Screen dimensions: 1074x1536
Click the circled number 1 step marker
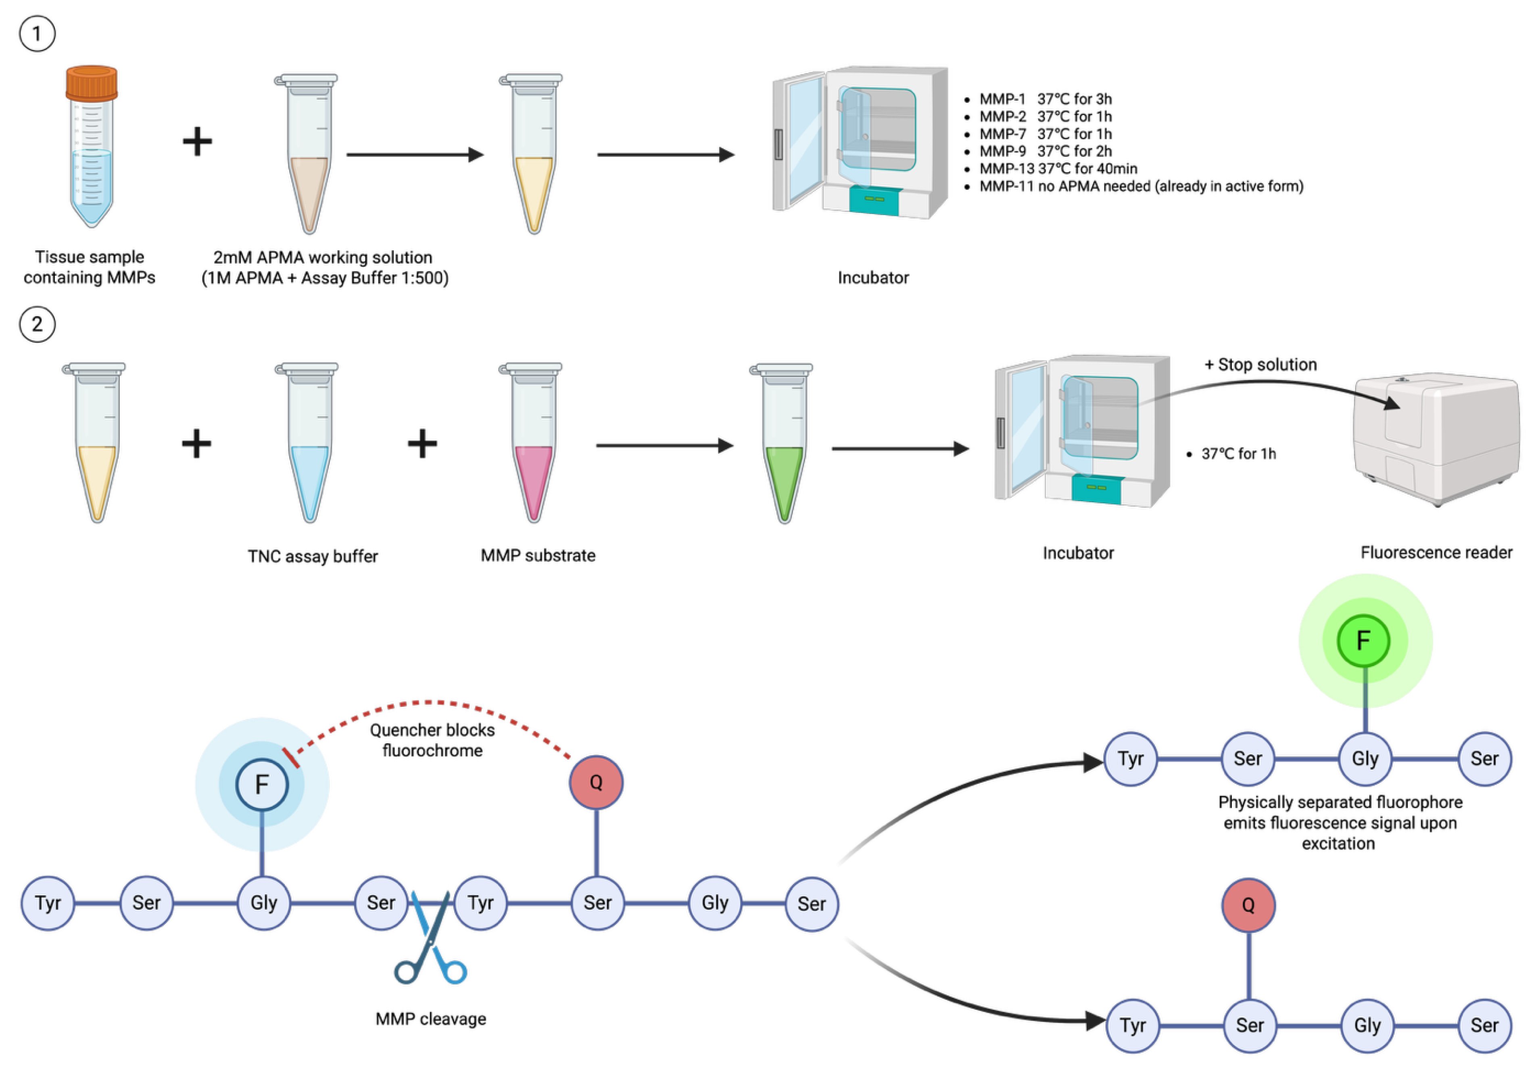coord(37,33)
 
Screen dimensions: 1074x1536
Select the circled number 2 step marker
coord(37,324)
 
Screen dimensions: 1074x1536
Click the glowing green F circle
coord(1363,640)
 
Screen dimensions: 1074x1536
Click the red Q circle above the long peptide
coord(595,781)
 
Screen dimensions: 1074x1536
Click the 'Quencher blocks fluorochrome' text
coord(432,740)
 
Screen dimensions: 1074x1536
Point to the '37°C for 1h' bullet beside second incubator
coord(1238,454)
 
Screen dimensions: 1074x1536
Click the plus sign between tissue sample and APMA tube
coord(197,142)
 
